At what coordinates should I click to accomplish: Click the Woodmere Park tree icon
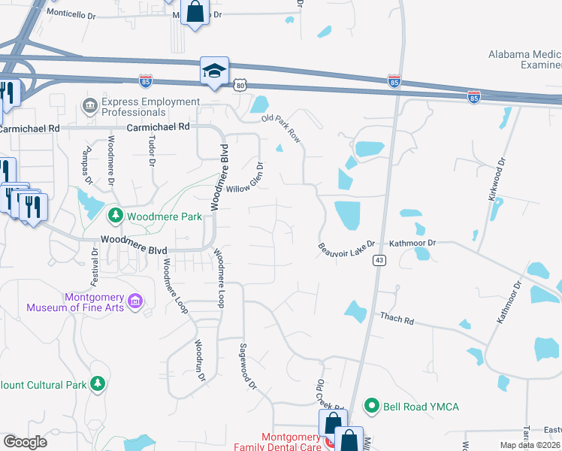tap(115, 216)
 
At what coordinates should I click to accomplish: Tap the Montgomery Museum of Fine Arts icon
tap(135, 302)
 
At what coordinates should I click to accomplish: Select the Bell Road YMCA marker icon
tap(370, 407)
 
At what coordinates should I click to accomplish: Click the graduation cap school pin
tap(213, 71)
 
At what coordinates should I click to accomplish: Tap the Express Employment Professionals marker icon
tap(89, 102)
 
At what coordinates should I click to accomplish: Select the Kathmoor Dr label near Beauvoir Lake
tap(412, 244)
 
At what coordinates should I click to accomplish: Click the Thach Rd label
tap(397, 319)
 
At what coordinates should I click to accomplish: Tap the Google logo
tap(25, 442)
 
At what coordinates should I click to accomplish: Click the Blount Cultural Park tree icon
tap(97, 385)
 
